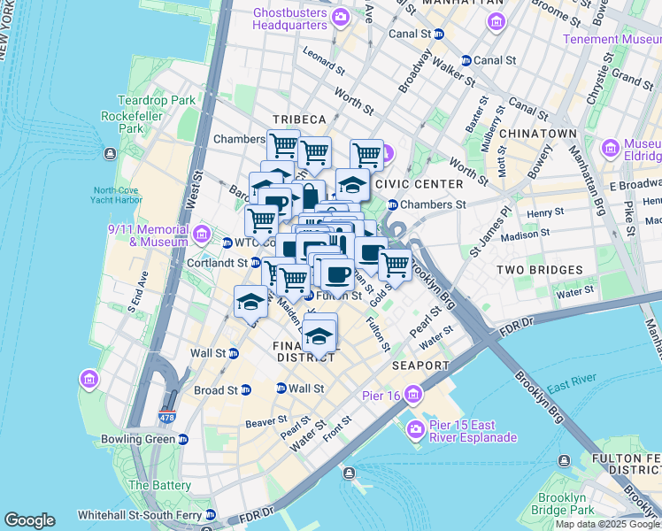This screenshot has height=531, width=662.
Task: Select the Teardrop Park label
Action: tap(156, 100)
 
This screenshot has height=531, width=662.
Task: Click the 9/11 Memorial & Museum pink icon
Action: tap(202, 234)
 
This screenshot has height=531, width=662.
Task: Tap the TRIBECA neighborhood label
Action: tap(299, 119)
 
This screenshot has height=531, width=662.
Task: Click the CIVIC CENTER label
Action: tap(419, 184)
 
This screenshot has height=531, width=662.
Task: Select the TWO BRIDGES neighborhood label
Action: tap(539, 269)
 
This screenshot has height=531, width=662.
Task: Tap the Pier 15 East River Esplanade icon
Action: tap(415, 430)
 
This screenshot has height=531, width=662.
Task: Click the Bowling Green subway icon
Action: tap(182, 439)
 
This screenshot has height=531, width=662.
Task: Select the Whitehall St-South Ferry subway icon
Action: tap(210, 514)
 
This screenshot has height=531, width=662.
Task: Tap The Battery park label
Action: tap(159, 485)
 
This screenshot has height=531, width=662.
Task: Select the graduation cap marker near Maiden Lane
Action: tap(250, 302)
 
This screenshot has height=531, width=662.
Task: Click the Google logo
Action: tap(29, 520)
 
